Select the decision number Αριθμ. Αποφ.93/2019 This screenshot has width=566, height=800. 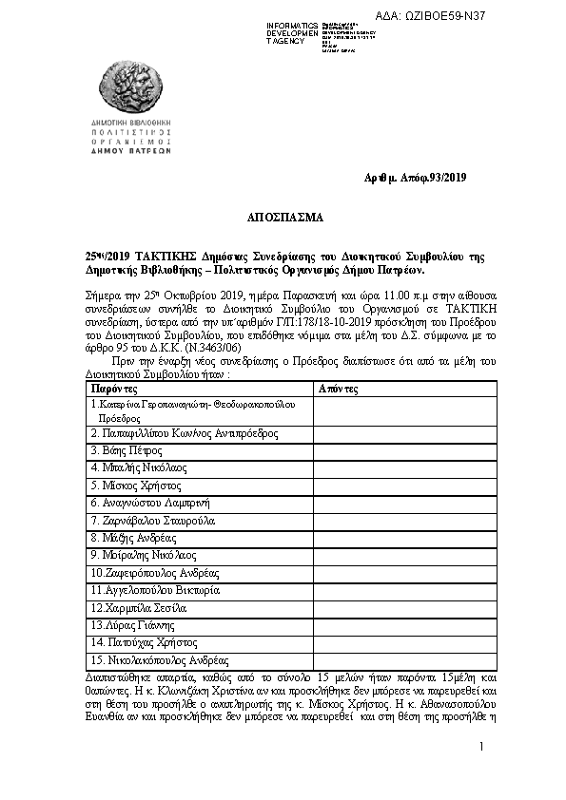(416, 178)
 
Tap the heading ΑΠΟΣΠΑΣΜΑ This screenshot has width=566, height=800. (284, 217)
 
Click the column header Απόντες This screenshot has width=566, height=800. (339, 390)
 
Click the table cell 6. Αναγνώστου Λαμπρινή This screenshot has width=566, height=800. (149, 503)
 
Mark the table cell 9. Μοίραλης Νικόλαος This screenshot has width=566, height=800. (144, 555)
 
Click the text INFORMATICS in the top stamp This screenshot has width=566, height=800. (292, 25)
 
